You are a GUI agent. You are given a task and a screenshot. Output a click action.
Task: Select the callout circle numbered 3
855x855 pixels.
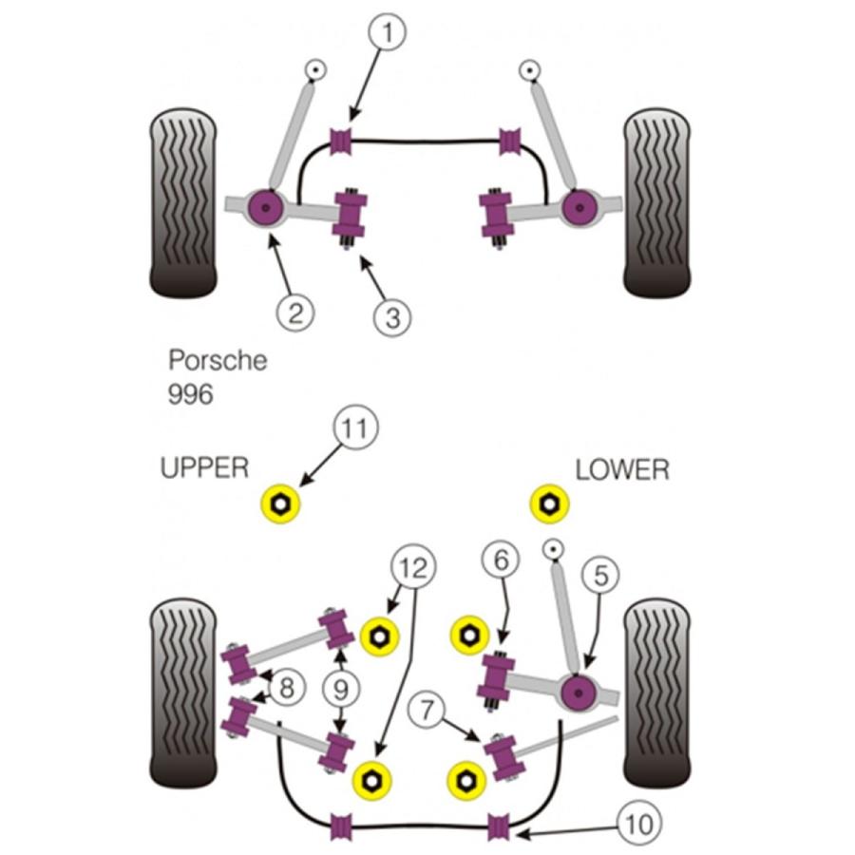pos(393,317)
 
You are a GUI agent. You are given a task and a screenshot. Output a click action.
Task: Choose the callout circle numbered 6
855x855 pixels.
pos(500,560)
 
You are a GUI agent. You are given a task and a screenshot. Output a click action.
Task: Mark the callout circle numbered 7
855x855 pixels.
pos(428,710)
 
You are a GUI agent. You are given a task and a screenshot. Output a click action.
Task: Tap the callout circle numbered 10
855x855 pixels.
pos(641,823)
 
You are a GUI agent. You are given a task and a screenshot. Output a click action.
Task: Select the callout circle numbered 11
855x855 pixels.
pos(354,429)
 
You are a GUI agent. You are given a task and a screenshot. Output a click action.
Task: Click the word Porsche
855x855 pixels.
pos(218,361)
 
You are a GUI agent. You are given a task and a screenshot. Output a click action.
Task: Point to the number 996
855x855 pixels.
pos(190,393)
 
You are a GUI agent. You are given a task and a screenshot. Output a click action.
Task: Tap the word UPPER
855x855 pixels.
pos(204,467)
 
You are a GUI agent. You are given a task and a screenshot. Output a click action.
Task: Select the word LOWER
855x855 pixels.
pos(622,469)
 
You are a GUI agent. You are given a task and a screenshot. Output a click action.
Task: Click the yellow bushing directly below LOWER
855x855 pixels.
pos(547,504)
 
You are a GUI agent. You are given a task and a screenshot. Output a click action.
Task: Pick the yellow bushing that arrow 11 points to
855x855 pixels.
pos(279,504)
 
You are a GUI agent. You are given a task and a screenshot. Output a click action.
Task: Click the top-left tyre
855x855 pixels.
pos(183,201)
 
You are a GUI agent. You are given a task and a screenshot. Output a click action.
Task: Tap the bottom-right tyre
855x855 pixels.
pos(655,691)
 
